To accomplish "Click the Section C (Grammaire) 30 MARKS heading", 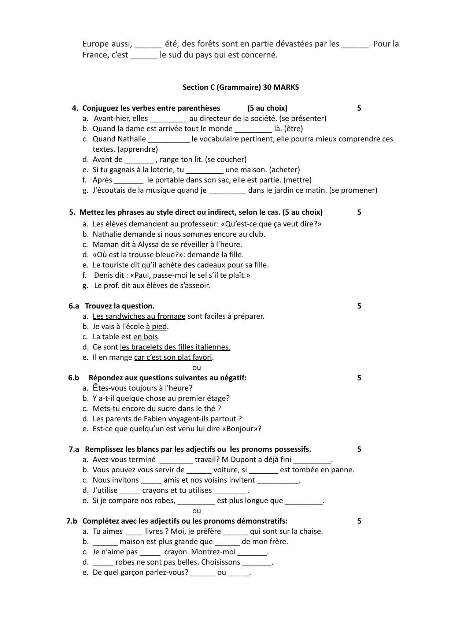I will (x=240, y=87).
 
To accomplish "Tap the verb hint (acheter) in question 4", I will (x=284, y=170).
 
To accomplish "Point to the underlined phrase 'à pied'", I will (x=156, y=326).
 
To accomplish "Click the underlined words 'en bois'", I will (x=145, y=337).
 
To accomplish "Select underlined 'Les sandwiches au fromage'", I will (x=139, y=316).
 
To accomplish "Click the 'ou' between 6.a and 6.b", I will (x=196, y=367).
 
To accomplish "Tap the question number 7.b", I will (x=72, y=521).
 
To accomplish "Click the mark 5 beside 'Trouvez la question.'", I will (x=359, y=306).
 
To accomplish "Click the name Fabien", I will (x=146, y=419).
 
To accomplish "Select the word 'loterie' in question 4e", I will (x=161, y=170).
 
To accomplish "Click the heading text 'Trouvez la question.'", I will (x=119, y=306).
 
